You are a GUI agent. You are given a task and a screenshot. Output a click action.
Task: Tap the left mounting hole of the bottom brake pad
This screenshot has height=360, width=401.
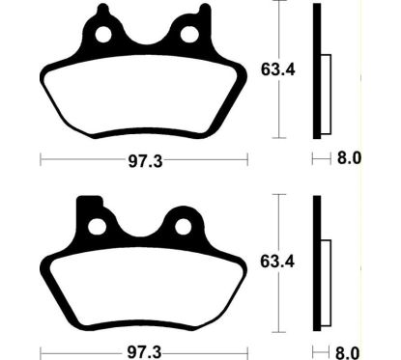(x=97, y=227)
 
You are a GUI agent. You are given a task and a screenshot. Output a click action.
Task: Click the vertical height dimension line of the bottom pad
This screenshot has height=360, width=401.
(x=278, y=261)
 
